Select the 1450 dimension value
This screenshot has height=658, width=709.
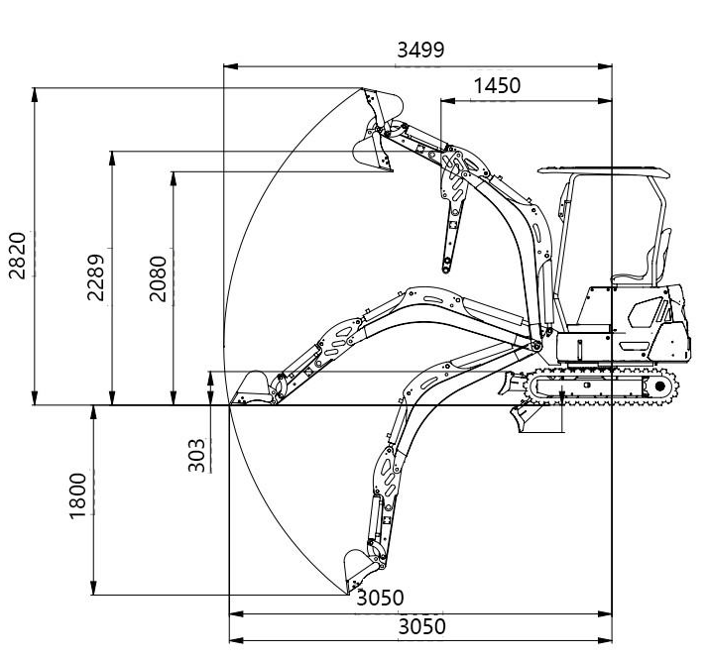click(x=496, y=85)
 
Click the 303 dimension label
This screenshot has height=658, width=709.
click(x=196, y=454)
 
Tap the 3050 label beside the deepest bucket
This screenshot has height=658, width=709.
click(x=380, y=598)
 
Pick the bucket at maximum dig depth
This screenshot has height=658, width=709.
click(x=360, y=570)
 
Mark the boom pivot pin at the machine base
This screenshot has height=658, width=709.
click(x=535, y=345)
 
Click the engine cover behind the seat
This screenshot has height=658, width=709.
click(x=655, y=311)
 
